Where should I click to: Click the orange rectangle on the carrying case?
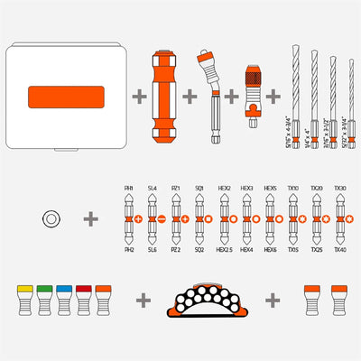[69, 96]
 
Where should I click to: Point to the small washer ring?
[52, 218]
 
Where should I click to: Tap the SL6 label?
[151, 249]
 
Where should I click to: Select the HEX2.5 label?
[223, 249]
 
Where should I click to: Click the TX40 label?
[340, 249]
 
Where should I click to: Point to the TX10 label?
[292, 190]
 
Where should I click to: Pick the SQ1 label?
[199, 190]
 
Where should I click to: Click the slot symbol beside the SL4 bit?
[161, 219]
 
